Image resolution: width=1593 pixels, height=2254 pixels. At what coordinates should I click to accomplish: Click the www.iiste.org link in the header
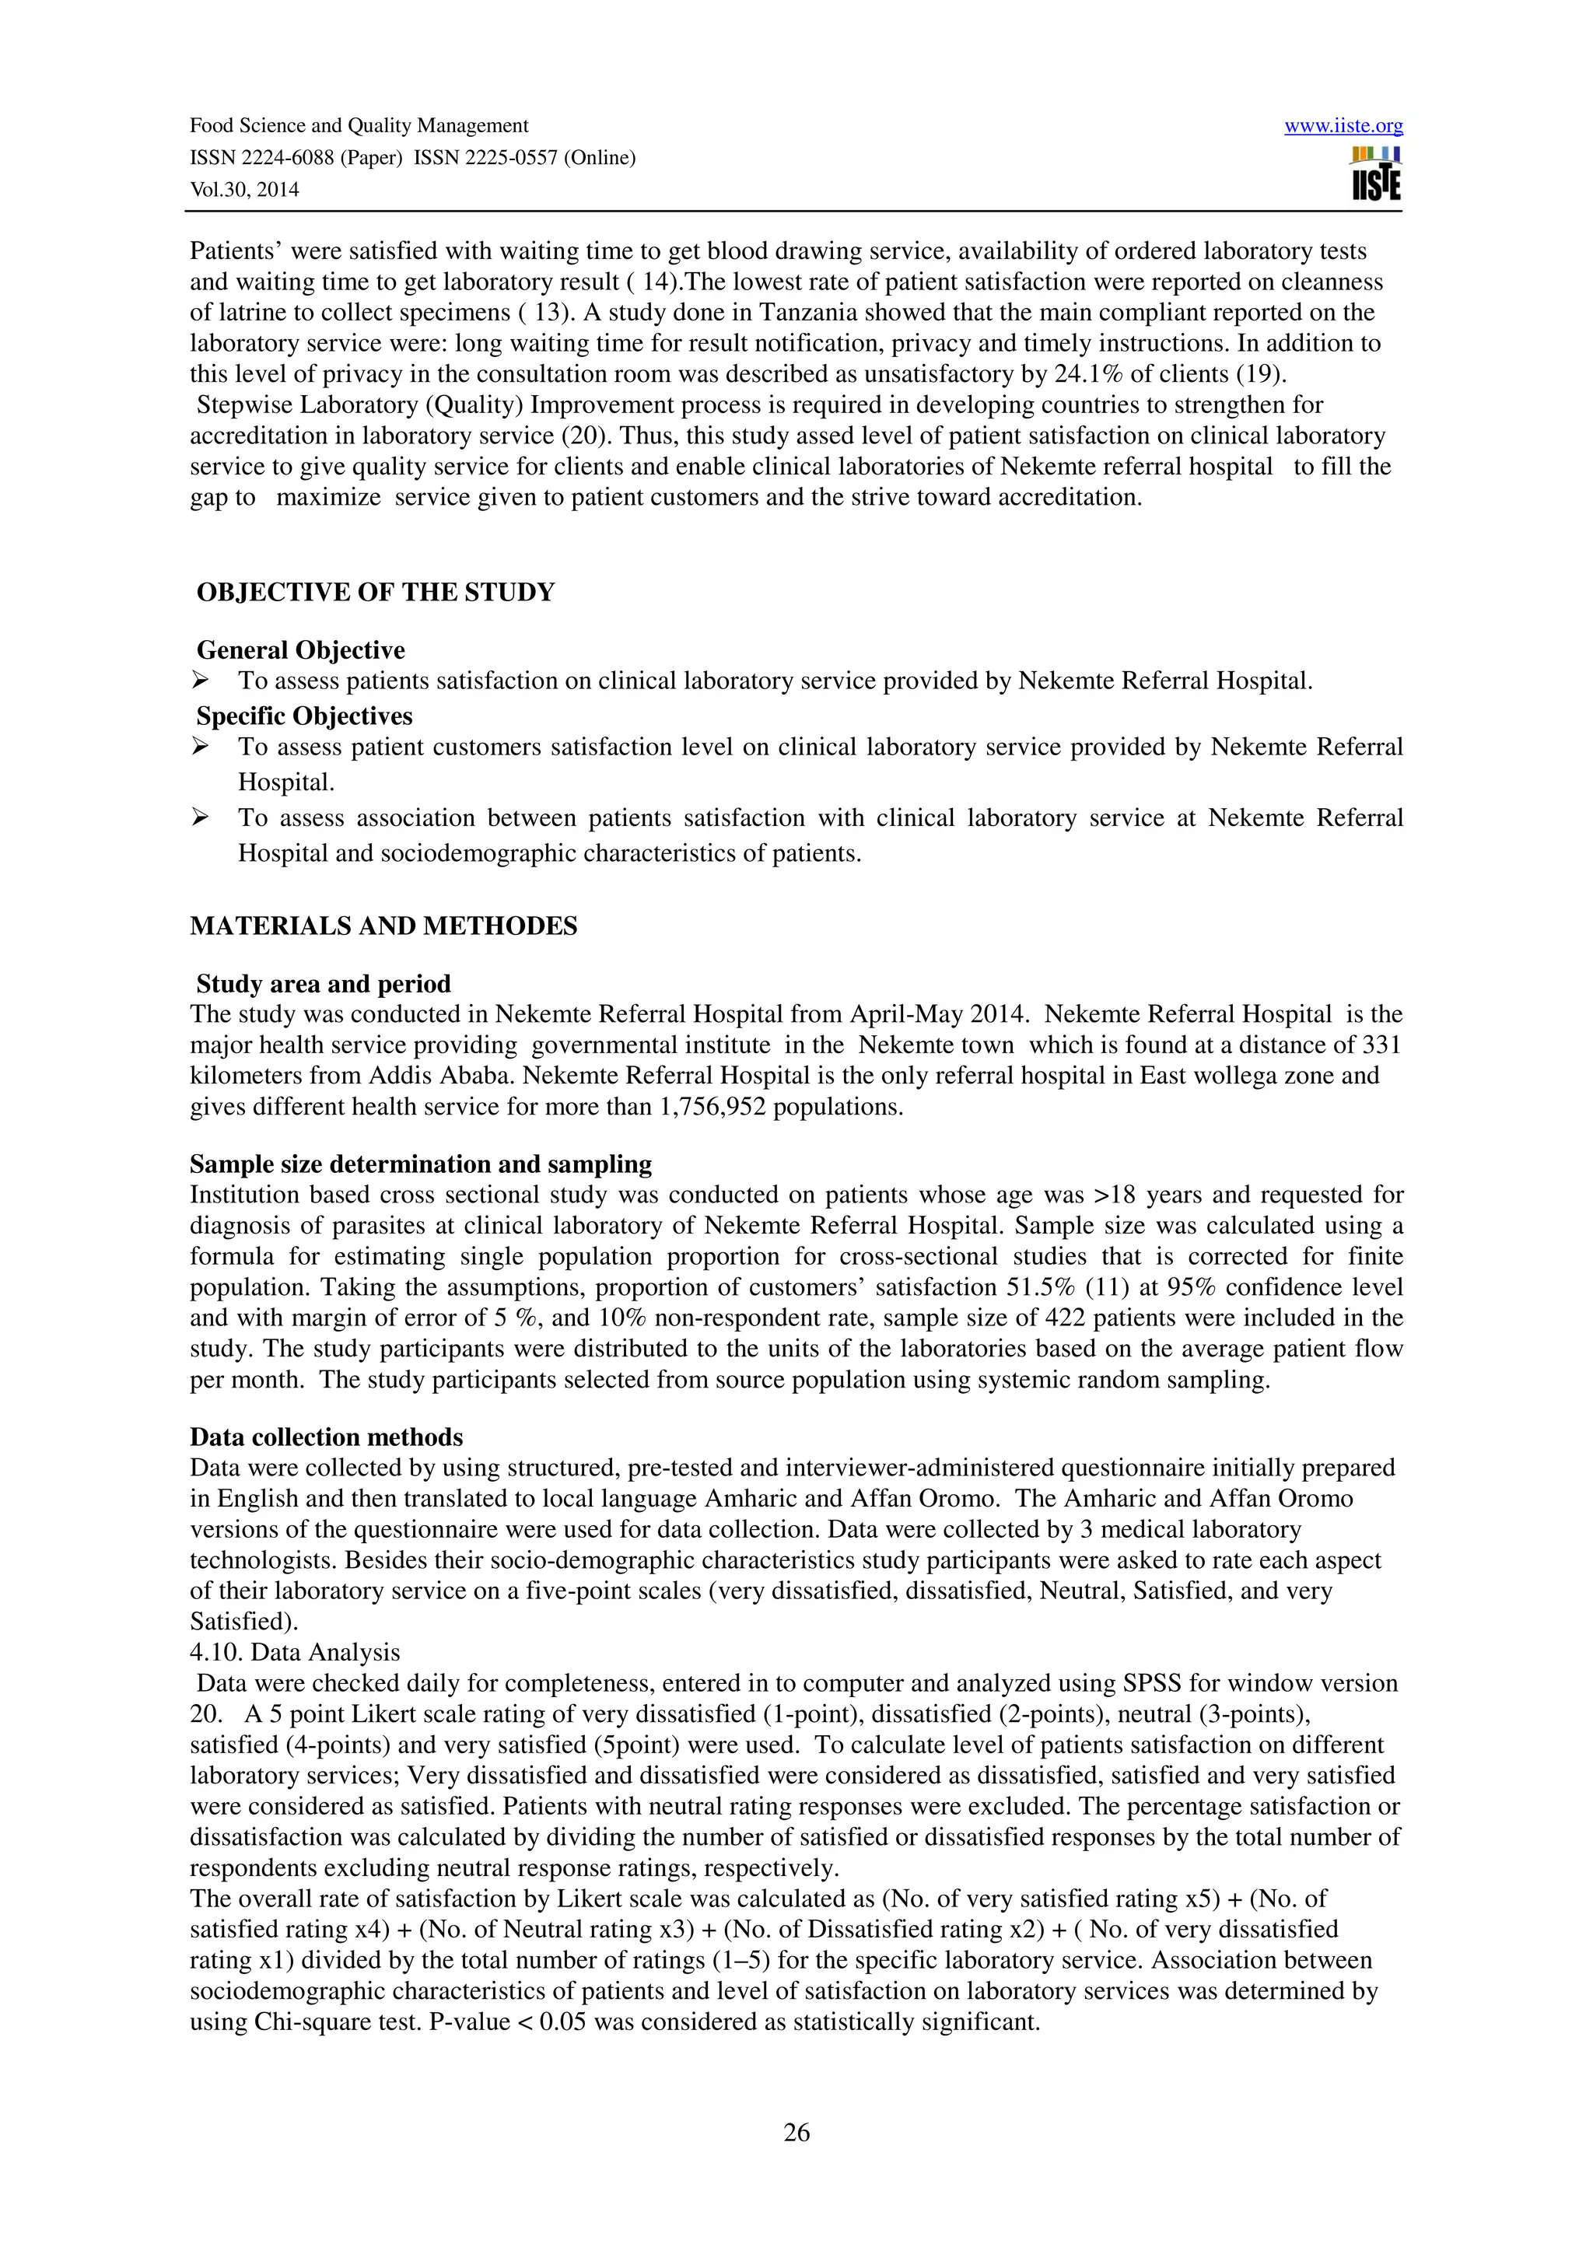pyautogui.click(x=1343, y=126)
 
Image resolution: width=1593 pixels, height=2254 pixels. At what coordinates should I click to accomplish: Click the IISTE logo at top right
pyautogui.click(x=1376, y=175)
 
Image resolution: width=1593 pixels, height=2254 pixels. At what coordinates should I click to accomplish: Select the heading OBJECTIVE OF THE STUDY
pyautogui.click(x=375, y=592)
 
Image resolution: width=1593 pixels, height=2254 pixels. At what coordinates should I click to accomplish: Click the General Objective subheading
pyautogui.click(x=300, y=650)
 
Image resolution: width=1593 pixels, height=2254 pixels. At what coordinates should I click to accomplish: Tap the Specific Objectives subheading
pyautogui.click(x=304, y=716)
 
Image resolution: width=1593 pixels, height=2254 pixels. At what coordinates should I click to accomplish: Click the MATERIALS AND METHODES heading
pyautogui.click(x=383, y=926)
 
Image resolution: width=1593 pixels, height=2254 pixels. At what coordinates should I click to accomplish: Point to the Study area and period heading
pyautogui.click(x=323, y=984)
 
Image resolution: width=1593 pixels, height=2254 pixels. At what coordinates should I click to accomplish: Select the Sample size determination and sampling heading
pyautogui.click(x=420, y=1164)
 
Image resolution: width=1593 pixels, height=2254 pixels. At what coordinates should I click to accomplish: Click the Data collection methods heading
pyautogui.click(x=326, y=1437)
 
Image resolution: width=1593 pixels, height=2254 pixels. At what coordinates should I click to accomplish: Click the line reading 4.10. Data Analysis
pyautogui.click(x=295, y=1652)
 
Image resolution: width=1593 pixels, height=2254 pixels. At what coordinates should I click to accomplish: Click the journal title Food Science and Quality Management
pyautogui.click(x=359, y=126)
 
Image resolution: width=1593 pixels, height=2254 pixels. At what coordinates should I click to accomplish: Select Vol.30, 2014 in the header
pyautogui.click(x=244, y=190)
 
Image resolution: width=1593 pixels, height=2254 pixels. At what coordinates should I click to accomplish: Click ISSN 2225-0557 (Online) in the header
pyautogui.click(x=524, y=157)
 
